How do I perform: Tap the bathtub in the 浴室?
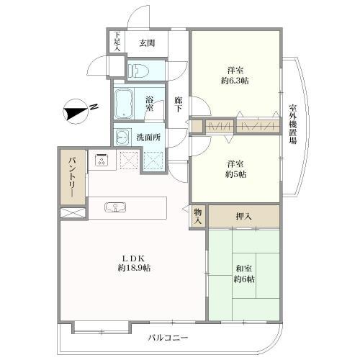124,104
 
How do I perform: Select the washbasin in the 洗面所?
123,137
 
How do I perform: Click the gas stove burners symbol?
102,160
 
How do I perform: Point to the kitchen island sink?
115,207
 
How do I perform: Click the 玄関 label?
147,43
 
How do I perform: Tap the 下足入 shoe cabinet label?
117,41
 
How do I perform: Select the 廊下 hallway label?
178,104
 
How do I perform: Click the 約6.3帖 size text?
235,81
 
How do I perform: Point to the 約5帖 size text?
235,174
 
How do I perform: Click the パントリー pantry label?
73,177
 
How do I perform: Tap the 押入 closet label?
243,217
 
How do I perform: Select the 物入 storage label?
198,216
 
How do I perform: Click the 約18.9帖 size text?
134,268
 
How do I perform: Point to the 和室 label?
244,269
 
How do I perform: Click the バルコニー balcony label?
168,338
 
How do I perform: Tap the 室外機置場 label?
292,124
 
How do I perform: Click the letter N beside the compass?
94,107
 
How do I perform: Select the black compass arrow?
75,113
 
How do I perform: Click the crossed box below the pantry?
73,213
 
